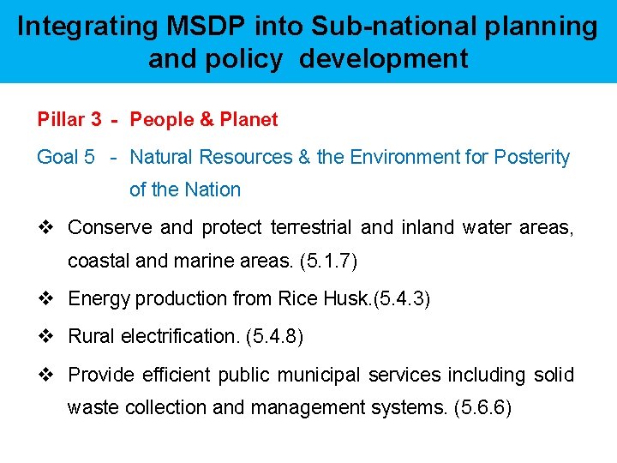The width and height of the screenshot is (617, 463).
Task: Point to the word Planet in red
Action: coord(249,120)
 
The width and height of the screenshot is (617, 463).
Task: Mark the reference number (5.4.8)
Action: coord(274,337)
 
